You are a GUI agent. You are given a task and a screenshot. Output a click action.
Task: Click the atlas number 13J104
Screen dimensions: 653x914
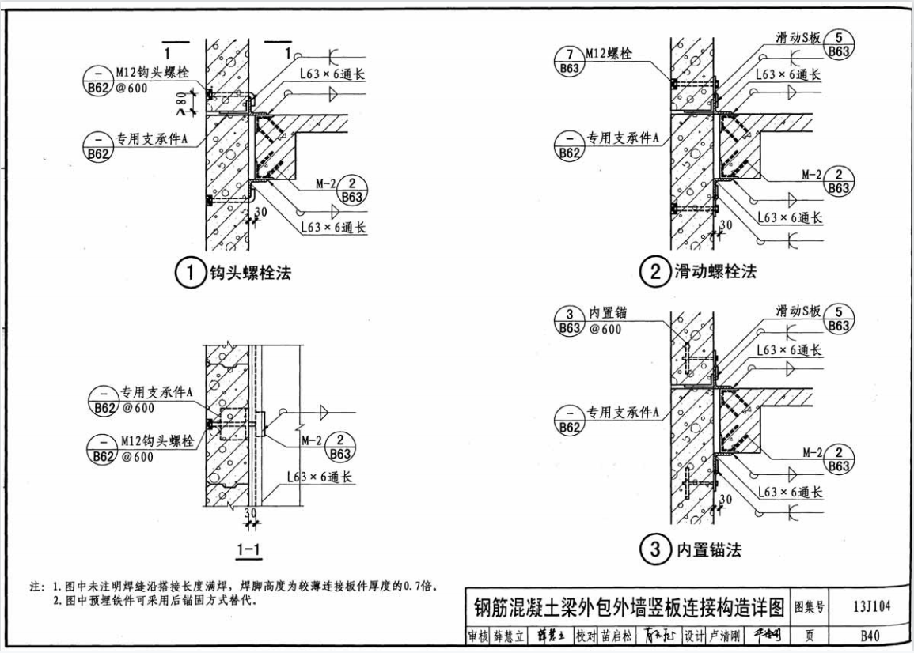point(871,607)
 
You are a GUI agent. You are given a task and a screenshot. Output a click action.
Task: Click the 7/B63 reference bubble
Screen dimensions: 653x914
point(569,61)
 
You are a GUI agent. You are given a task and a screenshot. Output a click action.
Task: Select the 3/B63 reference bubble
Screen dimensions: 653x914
point(569,321)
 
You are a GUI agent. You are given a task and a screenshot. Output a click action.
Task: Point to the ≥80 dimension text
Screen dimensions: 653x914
point(181,103)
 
